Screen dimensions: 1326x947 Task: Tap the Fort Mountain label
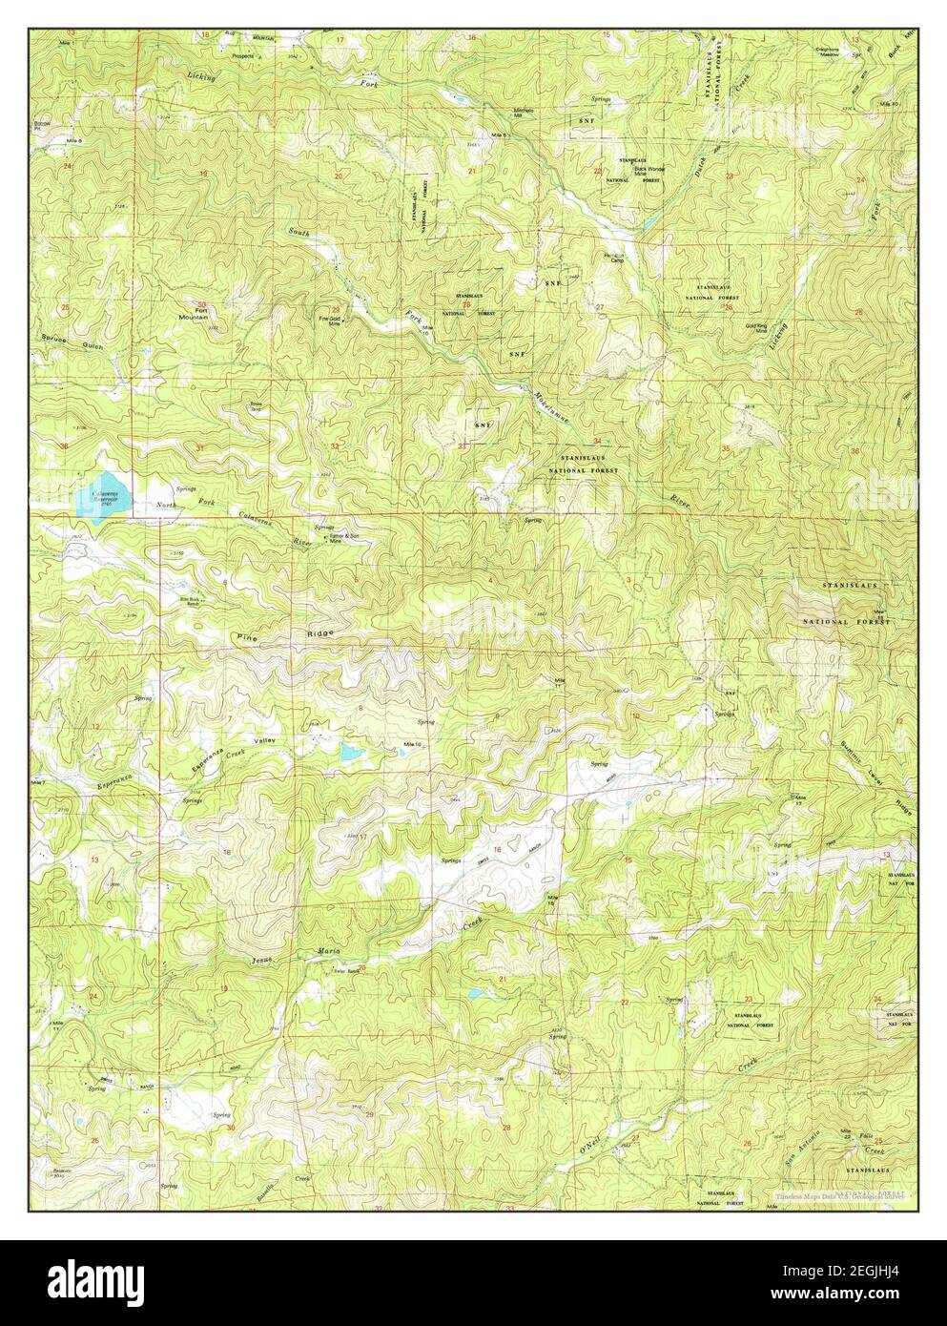[201, 315]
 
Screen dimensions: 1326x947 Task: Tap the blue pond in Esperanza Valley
[350, 754]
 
